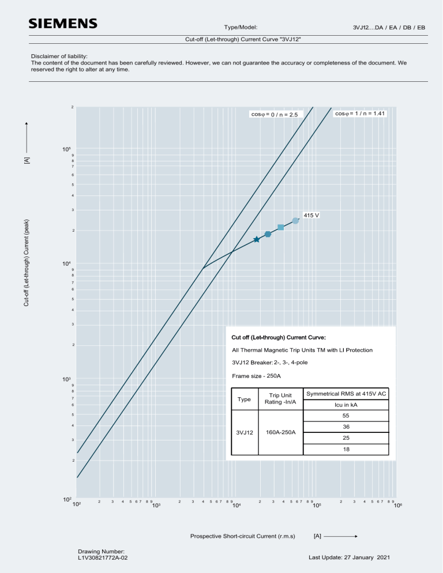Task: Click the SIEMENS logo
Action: pyautogui.click(x=63, y=24)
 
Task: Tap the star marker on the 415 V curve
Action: pyautogui.click(x=257, y=239)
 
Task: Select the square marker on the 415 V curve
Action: pyautogui.click(x=281, y=228)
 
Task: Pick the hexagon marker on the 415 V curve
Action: pyautogui.click(x=268, y=234)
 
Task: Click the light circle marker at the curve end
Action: pyautogui.click(x=295, y=221)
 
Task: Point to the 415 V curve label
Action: pyautogui.click(x=311, y=215)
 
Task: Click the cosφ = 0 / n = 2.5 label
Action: pyautogui.click(x=274, y=115)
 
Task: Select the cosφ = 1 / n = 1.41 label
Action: pyautogui.click(x=360, y=114)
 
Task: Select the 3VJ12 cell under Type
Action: pyautogui.click(x=243, y=432)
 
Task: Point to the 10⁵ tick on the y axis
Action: pyautogui.click(x=66, y=150)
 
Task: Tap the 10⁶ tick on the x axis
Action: pyautogui.click(x=397, y=506)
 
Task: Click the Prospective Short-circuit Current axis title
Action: pyautogui.click(x=243, y=536)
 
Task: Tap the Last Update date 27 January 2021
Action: pyautogui.click(x=350, y=558)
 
